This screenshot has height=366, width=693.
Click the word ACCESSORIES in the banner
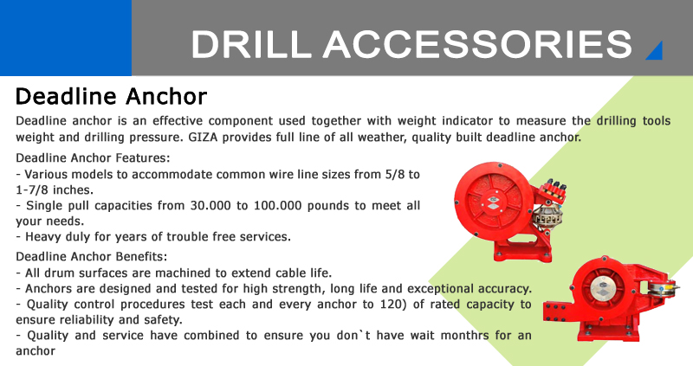coord(478,44)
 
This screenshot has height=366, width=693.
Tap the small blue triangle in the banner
coord(656,50)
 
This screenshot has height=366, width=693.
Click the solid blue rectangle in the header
coord(66,38)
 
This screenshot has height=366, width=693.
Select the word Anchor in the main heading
coord(166,96)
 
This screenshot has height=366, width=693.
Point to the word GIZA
coord(204,138)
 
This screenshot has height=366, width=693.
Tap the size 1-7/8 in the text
coord(31,189)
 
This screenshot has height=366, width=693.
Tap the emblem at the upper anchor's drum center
coord(493,202)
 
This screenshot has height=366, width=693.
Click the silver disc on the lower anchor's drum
coord(603,289)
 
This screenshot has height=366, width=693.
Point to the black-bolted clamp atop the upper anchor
coord(552,191)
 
